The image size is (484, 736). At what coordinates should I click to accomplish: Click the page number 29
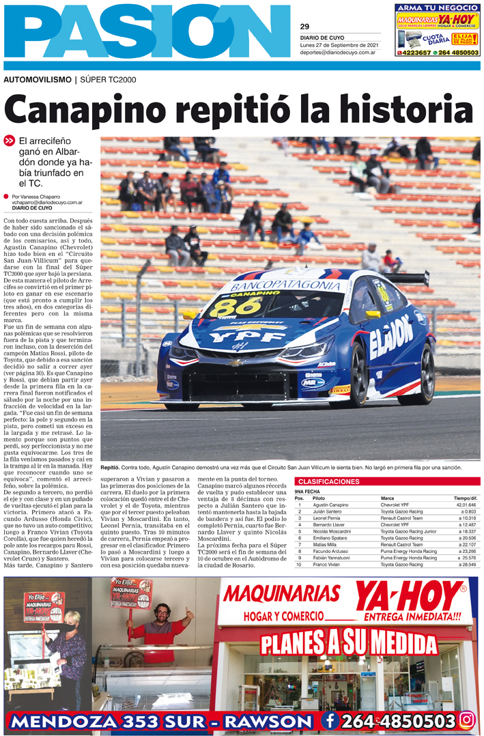pos(304,27)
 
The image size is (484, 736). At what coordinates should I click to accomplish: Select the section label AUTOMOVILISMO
pos(37,80)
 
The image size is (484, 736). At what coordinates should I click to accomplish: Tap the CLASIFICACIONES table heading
pos(328,482)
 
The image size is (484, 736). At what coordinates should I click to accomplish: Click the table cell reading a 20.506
pos(464,538)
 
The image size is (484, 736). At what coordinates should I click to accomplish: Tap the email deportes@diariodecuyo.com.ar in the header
pos(339,52)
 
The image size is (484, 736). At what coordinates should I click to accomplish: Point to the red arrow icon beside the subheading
pos(9,141)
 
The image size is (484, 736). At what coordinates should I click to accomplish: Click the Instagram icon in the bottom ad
pos(467,720)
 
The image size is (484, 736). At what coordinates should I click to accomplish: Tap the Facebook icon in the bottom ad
pos(330,720)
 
